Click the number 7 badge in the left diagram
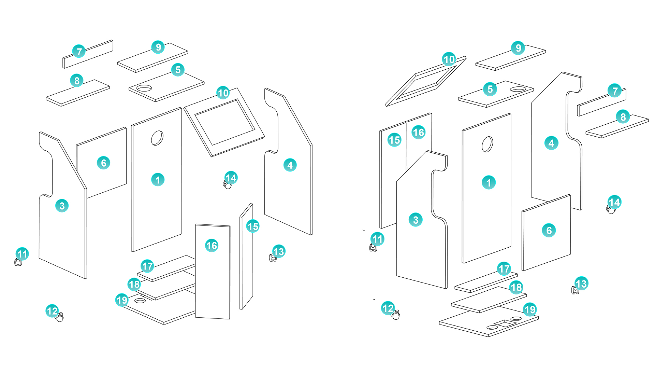[79, 52]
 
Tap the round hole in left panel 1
[157, 138]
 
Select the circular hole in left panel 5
[144, 88]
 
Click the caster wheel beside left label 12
[60, 318]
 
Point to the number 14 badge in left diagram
[231, 178]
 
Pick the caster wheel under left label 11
[18, 262]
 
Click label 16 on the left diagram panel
[212, 245]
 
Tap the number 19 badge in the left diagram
[122, 300]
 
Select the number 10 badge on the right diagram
[449, 59]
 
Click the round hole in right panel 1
[487, 144]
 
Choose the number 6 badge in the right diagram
[549, 230]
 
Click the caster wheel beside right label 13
[575, 290]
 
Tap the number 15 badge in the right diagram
[394, 140]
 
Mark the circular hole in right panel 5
[518, 89]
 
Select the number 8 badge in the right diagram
[623, 117]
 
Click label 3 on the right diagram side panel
[416, 220]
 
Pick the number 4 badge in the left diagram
[290, 165]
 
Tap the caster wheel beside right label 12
[396, 316]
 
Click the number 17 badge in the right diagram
[504, 269]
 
